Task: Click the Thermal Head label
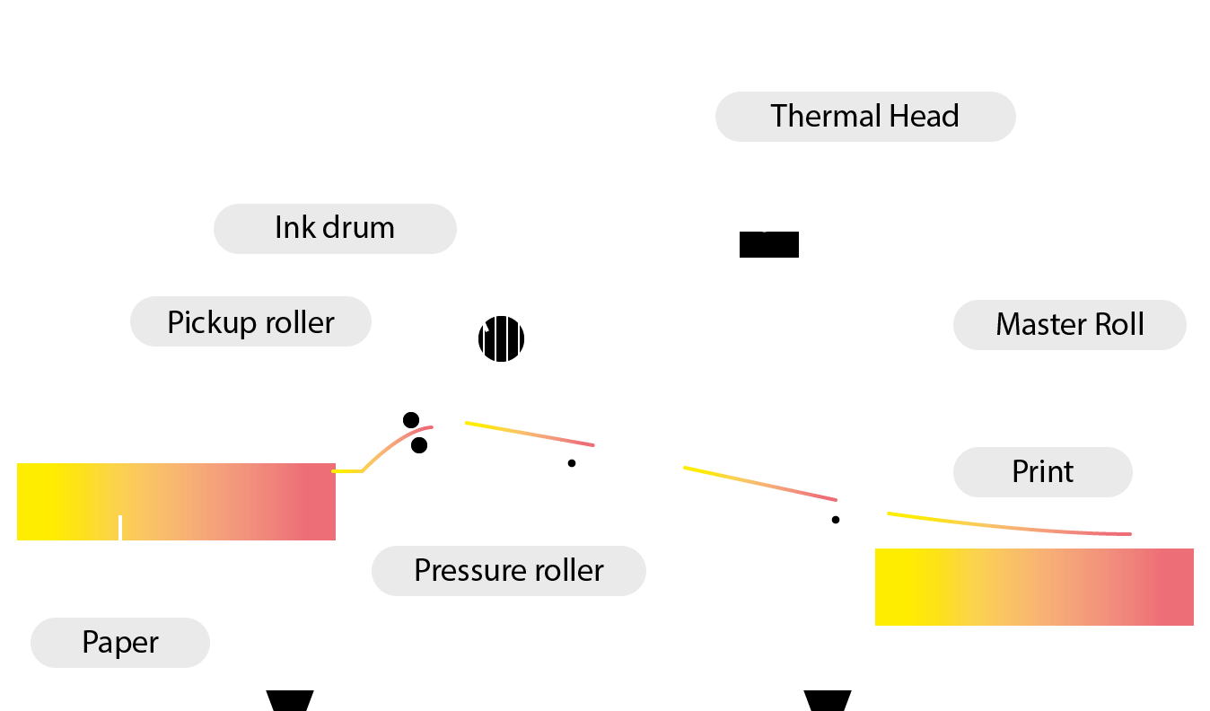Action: pos(865,116)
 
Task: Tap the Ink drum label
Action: pos(334,227)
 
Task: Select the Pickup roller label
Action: pos(250,321)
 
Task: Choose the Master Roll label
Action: pos(1069,324)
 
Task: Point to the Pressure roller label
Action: pos(508,570)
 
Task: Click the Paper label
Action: pos(120,642)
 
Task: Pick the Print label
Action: pos(1042,471)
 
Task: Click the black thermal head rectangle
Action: pos(768,244)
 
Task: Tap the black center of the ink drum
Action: pos(501,339)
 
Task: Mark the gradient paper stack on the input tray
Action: pos(176,501)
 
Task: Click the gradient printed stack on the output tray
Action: pos(1034,587)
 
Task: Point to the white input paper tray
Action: pos(175,555)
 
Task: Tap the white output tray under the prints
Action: pos(1034,641)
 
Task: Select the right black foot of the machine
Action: pos(827,700)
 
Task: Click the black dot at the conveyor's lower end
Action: pos(836,519)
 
